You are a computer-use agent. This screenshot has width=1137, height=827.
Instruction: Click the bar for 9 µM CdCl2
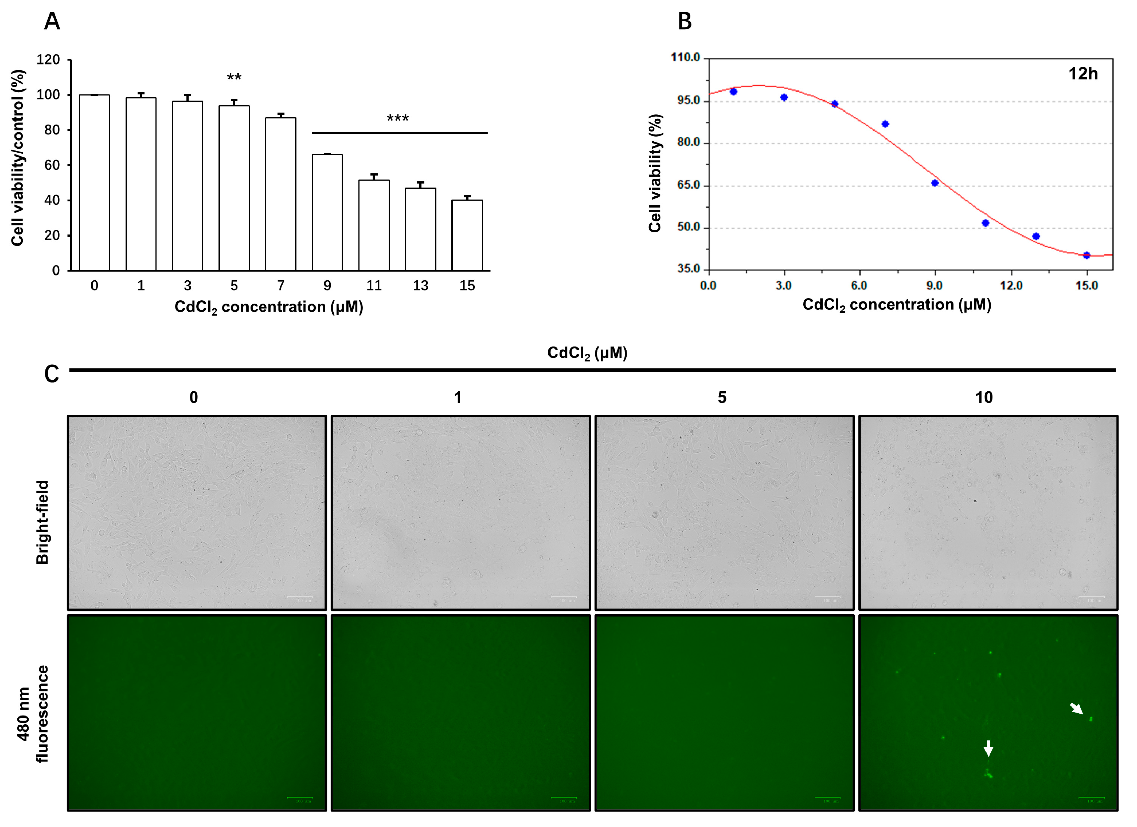coord(327,213)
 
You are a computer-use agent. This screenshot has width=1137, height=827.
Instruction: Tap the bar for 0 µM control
coord(94,183)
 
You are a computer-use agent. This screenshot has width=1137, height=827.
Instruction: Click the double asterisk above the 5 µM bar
coord(234,77)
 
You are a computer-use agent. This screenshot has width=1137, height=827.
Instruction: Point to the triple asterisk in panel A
coord(398,119)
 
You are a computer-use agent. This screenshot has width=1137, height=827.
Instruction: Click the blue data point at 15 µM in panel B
coord(1086,255)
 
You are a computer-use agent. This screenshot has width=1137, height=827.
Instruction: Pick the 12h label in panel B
coord(1083,74)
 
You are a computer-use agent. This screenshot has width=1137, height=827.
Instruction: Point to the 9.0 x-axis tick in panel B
coord(934,286)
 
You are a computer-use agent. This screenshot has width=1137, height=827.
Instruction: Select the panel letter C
coord(52,374)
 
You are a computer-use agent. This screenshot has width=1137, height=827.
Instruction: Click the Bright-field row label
coord(42,521)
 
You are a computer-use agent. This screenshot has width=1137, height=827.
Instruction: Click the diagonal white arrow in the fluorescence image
coord(1076,709)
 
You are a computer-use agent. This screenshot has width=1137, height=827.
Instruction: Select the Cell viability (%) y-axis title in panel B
coord(655,173)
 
